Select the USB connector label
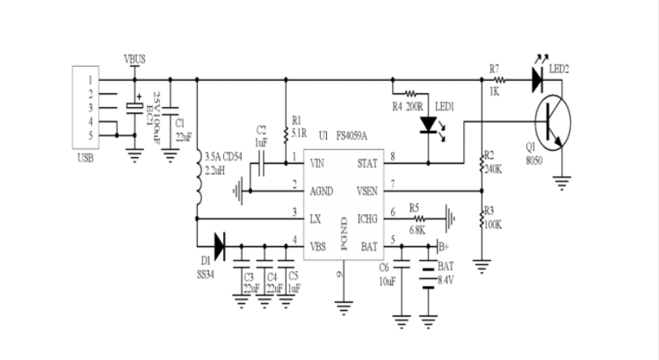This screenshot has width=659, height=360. tap(86, 158)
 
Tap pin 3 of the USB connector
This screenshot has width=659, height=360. tap(90, 107)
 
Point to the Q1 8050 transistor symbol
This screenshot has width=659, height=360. tap(550, 120)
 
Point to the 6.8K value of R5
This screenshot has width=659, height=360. tap(418, 230)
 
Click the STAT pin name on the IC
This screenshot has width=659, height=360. tap(367, 163)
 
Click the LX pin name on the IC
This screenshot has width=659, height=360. tap(315, 214)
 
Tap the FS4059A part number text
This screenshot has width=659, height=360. tap(351, 136)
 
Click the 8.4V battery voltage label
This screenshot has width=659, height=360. tap(447, 279)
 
